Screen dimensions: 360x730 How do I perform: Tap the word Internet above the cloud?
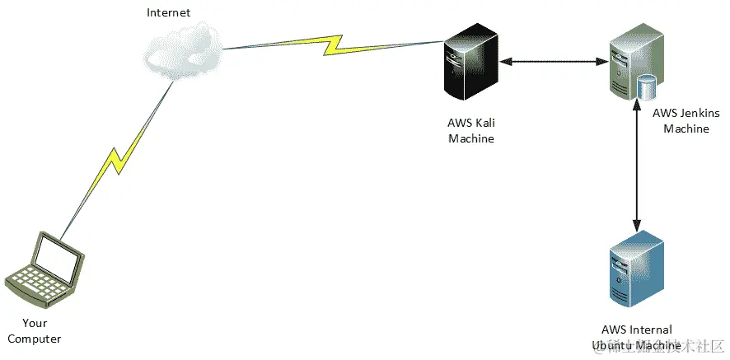coord(168,12)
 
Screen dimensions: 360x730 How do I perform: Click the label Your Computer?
coord(35,331)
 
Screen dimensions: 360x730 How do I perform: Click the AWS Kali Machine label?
coord(471,131)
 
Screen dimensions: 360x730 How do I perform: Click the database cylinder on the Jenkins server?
coord(647,85)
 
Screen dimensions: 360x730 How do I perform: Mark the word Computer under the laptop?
coord(35,339)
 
